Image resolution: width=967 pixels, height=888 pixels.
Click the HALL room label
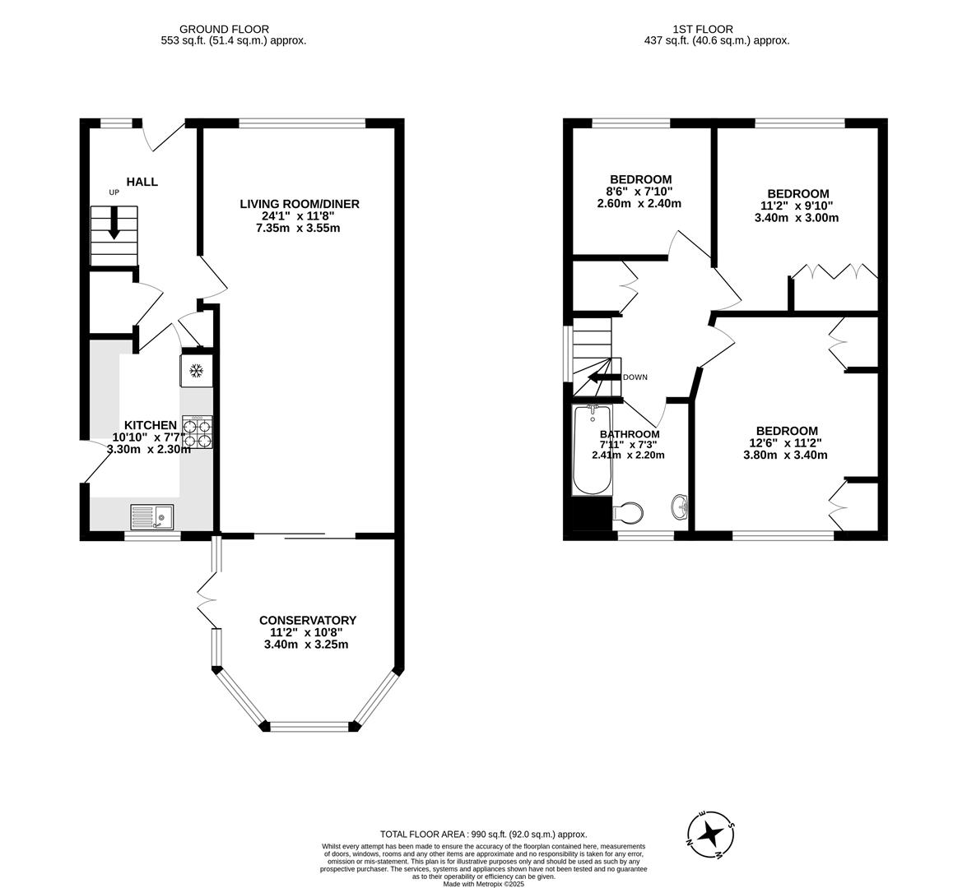142,182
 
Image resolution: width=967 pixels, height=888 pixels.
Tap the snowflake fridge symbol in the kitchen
196,371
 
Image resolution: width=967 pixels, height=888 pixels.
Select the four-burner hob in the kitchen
198,432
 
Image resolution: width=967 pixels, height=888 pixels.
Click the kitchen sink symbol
152,517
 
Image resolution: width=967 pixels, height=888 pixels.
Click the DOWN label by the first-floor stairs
635,377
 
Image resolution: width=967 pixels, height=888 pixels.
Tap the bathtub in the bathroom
591,451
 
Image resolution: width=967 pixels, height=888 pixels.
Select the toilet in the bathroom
629,513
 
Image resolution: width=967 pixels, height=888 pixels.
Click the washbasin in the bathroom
681,507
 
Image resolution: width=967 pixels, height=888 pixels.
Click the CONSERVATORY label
308,620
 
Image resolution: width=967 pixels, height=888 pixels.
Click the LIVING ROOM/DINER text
300,204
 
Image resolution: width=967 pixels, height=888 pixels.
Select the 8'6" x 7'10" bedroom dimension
639,192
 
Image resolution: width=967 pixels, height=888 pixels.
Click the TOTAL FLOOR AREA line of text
482,833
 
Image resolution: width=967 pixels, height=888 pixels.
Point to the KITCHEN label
151,425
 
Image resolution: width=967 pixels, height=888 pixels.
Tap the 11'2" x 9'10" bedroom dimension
797,206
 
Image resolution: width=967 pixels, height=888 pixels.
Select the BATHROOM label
630,434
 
